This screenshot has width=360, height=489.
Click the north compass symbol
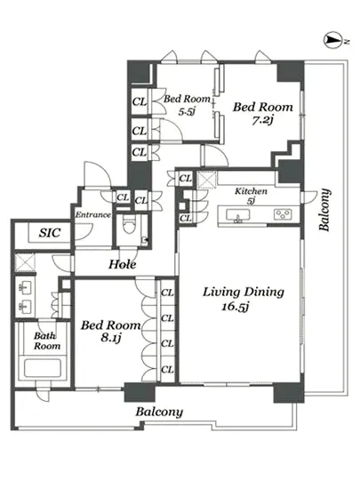[330, 40]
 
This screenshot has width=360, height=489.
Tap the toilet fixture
[128, 225]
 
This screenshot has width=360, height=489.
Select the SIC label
[49, 233]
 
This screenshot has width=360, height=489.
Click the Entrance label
[92, 215]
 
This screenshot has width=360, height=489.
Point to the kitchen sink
[237, 215]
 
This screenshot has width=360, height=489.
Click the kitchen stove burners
[283, 214]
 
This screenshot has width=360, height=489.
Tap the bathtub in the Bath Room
[44, 368]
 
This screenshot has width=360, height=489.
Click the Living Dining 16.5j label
[244, 299]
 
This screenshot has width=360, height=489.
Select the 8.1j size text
[110, 338]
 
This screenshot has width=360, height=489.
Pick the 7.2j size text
[262, 120]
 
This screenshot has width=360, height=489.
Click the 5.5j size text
[187, 111]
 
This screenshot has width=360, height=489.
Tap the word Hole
[123, 265]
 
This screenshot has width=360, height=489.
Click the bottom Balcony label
[159, 413]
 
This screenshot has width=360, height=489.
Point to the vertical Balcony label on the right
[324, 210]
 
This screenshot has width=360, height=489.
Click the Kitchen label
[251, 191]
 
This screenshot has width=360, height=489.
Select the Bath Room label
[47, 341]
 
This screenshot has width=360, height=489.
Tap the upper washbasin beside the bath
[25, 287]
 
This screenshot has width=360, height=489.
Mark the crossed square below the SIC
[25, 262]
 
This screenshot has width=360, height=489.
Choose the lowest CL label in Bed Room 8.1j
[167, 370]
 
